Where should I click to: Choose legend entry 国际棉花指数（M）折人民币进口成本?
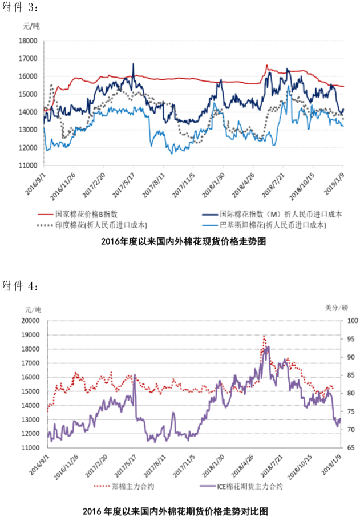click(x=281, y=214)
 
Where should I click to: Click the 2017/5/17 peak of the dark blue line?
click(x=134, y=64)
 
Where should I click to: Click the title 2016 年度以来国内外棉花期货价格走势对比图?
click(x=175, y=509)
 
